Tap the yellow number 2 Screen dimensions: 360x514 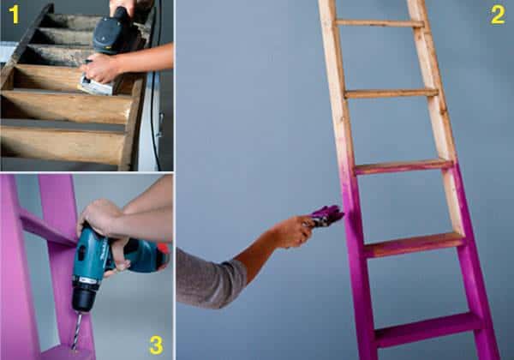tap(497, 15)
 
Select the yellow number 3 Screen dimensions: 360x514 tap(155, 345)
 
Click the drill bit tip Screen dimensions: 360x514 tap(75, 347)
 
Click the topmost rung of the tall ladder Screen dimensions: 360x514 tap(380, 23)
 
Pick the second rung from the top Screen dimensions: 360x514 tap(391, 93)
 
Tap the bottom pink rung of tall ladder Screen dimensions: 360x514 tap(428, 328)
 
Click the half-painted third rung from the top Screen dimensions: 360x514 tap(403, 165)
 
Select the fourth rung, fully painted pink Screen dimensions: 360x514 tap(415, 245)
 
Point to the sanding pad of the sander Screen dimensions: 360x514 tap(97, 87)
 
